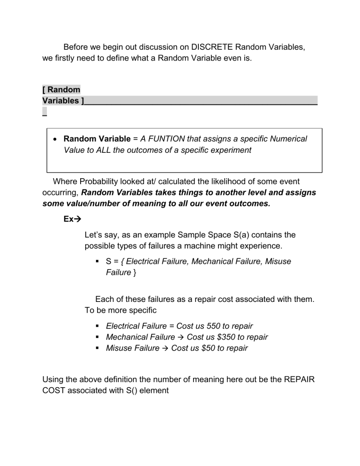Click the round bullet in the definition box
click(55, 139)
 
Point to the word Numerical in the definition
click(287, 139)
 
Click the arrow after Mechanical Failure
click(180, 337)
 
